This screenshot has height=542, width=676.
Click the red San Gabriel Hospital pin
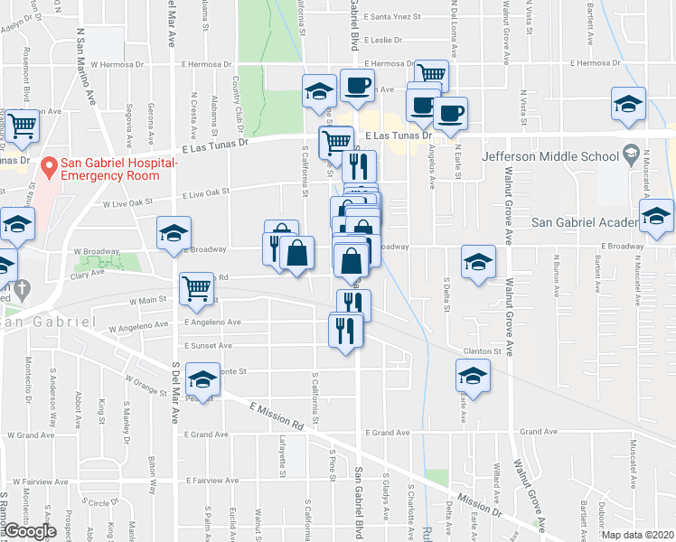point(48,167)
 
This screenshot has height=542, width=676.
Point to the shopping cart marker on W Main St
point(197,290)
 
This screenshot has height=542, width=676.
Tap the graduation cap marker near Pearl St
point(203,378)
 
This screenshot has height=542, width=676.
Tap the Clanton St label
point(484,351)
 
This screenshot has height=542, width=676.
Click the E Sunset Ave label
point(208,346)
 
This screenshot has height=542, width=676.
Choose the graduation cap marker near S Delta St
point(478,262)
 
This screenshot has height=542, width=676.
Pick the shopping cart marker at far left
point(21,126)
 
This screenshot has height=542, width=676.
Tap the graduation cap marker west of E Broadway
point(174,233)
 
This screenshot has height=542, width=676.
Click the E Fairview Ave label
point(210,481)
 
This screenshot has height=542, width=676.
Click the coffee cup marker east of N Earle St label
point(450,114)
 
